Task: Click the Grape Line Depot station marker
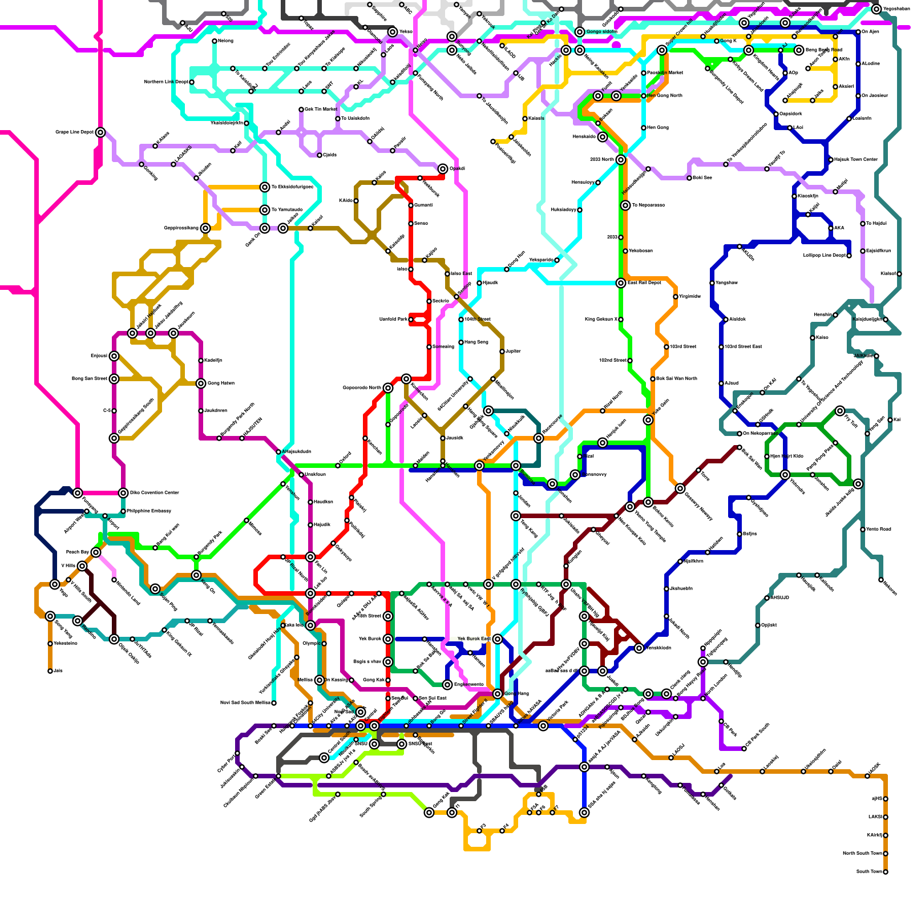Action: point(100,132)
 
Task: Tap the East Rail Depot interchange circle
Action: point(621,283)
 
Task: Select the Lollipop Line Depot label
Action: point(824,255)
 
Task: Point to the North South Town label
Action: point(862,853)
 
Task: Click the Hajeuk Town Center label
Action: point(856,159)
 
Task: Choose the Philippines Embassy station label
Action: point(149,511)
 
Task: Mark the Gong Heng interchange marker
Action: point(498,694)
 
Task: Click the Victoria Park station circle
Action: point(543,726)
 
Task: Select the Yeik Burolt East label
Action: point(474,639)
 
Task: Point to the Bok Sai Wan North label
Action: point(677,378)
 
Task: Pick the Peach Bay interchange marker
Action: point(96,552)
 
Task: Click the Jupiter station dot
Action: point(502,352)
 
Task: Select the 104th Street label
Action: point(478,319)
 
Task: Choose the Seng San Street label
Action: point(89,378)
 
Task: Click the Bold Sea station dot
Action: point(689,178)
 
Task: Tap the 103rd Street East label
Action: point(744,346)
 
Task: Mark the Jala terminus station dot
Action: point(50,671)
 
